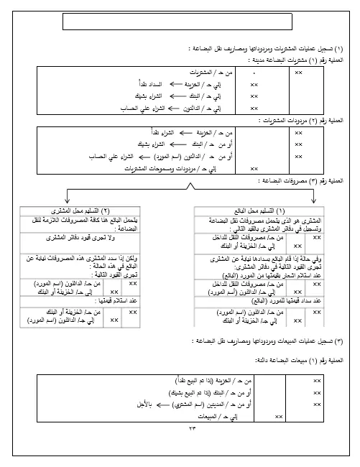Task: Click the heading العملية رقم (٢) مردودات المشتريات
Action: point(303,122)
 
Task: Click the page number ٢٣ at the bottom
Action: point(180,428)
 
